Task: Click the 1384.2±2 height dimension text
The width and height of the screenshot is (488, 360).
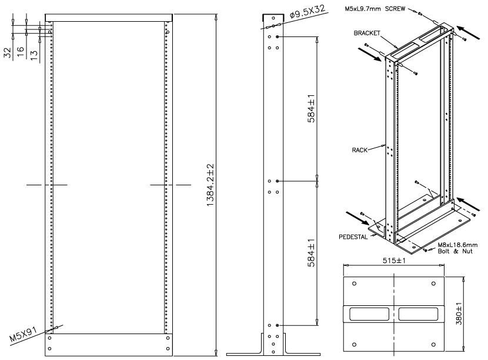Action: click(210, 183)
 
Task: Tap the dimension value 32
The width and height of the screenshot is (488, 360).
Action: click(8, 54)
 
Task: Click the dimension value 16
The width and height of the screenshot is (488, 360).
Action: click(21, 54)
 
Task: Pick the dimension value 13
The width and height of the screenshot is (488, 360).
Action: click(34, 55)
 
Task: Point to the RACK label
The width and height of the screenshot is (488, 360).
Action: click(360, 150)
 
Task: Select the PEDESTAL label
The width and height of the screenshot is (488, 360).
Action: click(353, 237)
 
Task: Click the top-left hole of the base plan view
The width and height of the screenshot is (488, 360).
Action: click(353, 284)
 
